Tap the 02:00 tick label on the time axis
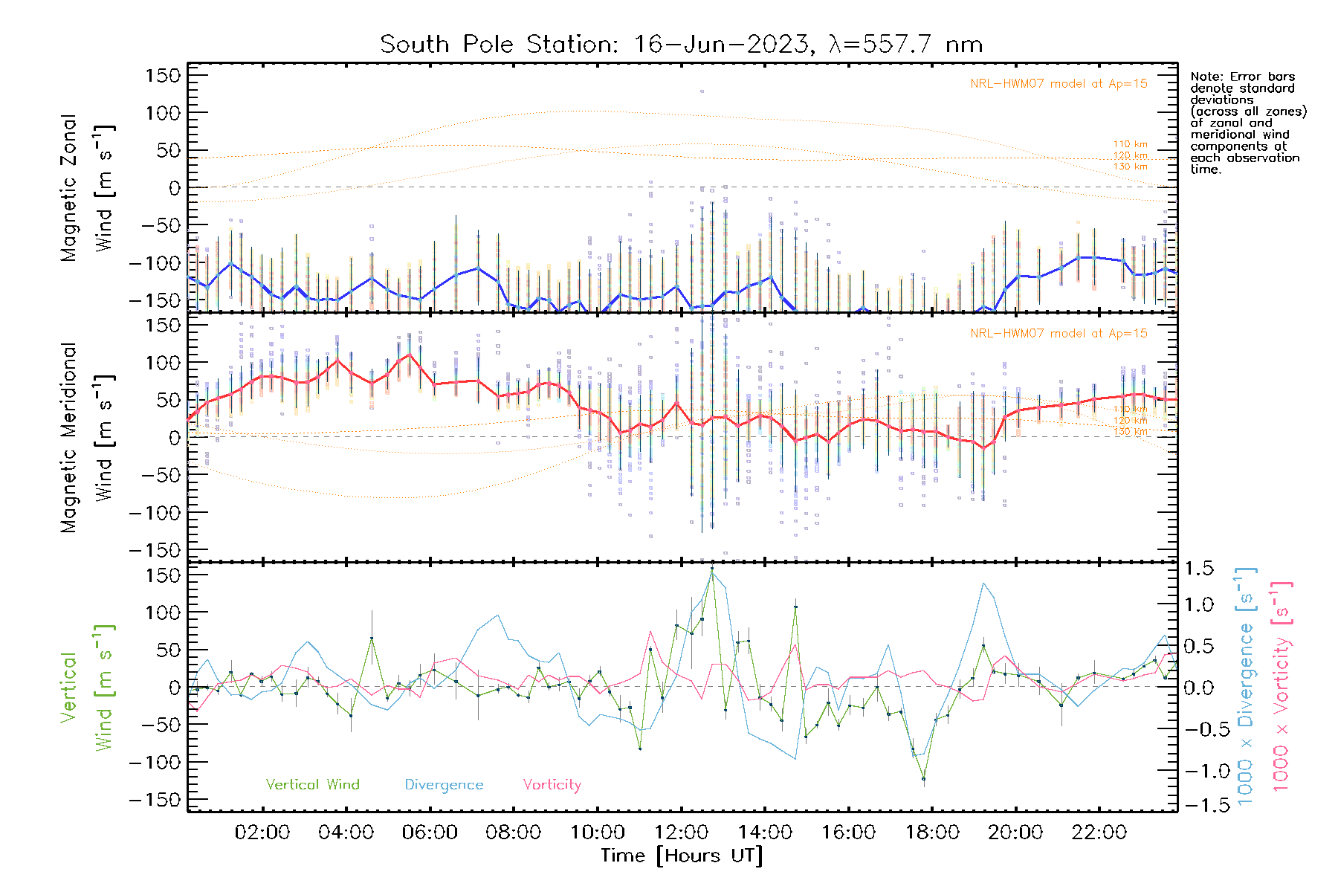point(262,833)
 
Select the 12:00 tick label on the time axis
point(681,833)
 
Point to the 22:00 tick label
point(1099,833)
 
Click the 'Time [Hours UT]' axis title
point(681,856)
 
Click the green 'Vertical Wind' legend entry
point(312,785)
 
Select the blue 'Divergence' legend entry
point(444,785)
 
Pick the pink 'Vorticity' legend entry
point(552,785)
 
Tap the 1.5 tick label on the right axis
point(1198,569)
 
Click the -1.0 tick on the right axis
point(1198,771)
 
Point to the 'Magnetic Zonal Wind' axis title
point(87,188)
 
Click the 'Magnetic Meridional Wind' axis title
point(87,438)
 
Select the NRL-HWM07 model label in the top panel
point(1059,84)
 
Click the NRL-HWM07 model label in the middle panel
point(1059,334)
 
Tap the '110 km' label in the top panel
point(1130,144)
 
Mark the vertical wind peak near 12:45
point(712,570)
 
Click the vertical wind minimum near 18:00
point(923,779)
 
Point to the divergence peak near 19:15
point(983,584)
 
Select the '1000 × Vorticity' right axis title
point(1282,687)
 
